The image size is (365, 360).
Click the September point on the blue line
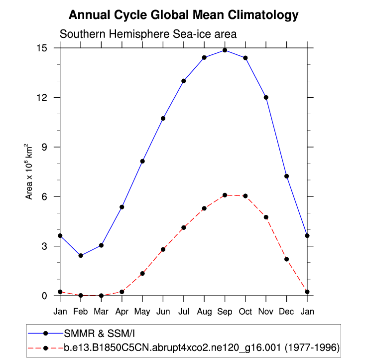click(x=225, y=50)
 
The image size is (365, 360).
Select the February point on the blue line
click(x=81, y=255)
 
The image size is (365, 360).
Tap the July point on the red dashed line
click(x=184, y=227)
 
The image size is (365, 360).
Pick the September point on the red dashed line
click(x=225, y=195)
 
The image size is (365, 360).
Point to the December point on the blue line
click(x=287, y=176)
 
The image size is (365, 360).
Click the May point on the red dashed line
click(x=142, y=273)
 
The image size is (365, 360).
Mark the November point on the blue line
click(x=266, y=97)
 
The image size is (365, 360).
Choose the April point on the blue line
click(x=122, y=207)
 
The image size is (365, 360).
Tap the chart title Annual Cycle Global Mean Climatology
click(x=183, y=15)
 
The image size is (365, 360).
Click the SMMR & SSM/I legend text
click(x=97, y=333)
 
